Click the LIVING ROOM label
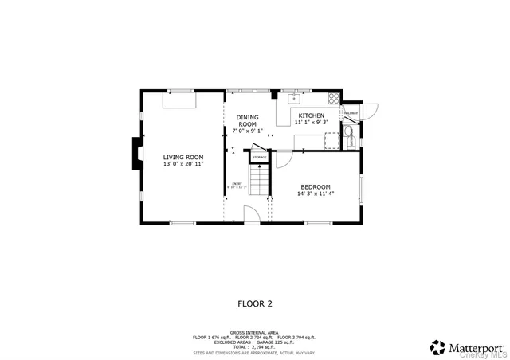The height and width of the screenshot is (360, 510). (183, 157)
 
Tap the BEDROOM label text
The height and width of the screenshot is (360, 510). (316, 186)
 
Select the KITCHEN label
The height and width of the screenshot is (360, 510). (312, 116)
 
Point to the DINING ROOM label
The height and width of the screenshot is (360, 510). (247, 121)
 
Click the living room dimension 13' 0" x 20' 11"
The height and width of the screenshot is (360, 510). (183, 165)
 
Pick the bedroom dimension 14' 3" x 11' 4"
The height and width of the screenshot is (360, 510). (316, 193)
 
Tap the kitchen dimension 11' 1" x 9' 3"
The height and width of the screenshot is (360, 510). (312, 123)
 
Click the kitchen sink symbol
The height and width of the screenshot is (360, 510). (294, 99)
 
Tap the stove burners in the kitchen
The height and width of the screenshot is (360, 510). (334, 100)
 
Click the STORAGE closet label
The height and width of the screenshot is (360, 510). (259, 158)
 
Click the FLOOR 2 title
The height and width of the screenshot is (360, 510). (255, 303)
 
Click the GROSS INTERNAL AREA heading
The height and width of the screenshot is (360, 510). (255, 331)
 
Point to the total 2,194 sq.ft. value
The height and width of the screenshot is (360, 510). (255, 346)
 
